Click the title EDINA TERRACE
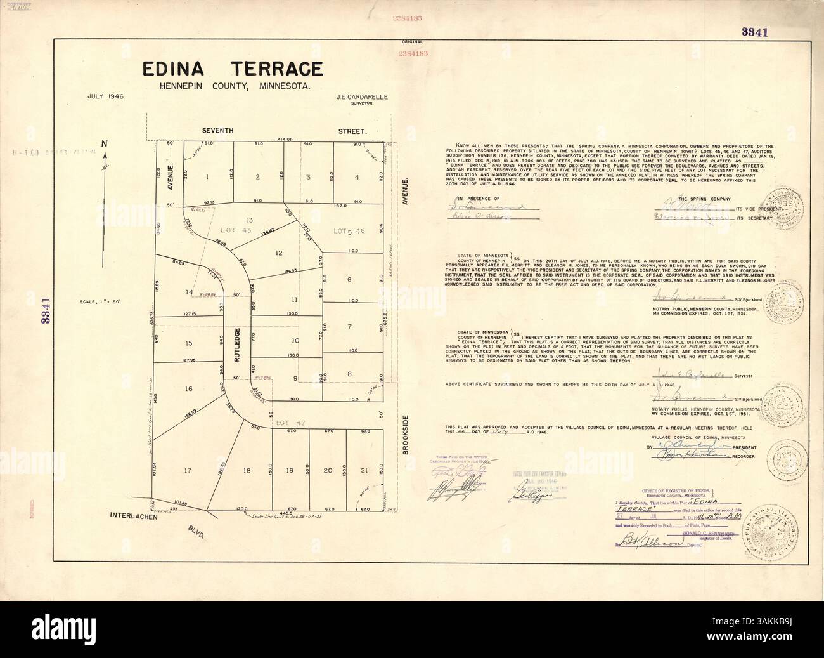tap(232, 69)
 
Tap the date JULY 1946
tap(105, 96)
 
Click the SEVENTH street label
tap(217, 131)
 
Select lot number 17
tap(187, 471)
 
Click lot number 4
tap(357, 177)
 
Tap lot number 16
tap(188, 388)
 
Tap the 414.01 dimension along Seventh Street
tap(283, 139)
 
